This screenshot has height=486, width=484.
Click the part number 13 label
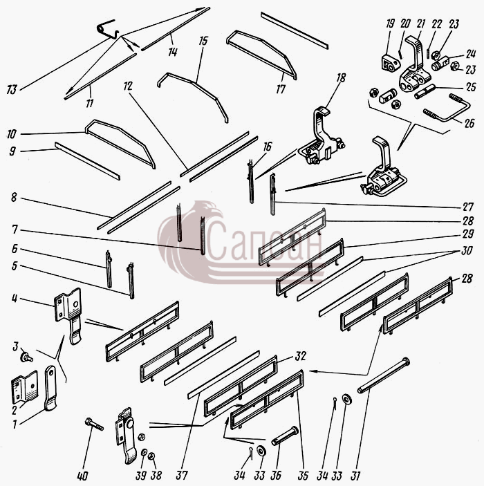click(12, 90)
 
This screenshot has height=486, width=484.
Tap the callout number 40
click(82, 476)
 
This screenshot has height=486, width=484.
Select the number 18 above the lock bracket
click(341, 77)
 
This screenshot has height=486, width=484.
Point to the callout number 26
click(469, 123)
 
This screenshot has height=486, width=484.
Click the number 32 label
click(300, 356)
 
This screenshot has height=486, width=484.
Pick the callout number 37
click(182, 475)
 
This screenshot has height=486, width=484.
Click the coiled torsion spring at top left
click(108, 29)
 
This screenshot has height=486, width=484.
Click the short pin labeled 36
click(285, 436)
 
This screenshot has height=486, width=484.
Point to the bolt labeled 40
click(94, 424)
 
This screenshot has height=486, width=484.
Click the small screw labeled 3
click(26, 357)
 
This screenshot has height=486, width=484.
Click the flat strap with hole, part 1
click(50, 388)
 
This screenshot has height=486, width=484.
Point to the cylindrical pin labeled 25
click(425, 92)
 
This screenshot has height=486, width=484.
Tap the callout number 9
click(12, 151)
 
